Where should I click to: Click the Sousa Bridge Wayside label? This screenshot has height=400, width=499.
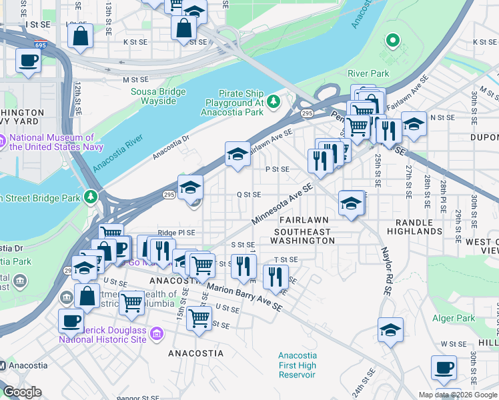(153, 96)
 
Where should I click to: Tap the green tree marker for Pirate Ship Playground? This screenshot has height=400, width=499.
(273, 101)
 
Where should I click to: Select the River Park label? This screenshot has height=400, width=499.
(368, 73)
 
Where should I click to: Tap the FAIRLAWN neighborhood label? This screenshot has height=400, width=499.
(304, 220)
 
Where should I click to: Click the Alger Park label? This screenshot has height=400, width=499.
(454, 319)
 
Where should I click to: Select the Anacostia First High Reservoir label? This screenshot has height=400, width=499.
(297, 365)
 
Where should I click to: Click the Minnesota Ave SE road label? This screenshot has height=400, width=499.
(282, 205)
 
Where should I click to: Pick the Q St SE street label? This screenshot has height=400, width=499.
(248, 195)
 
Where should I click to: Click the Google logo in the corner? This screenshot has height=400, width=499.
(22, 392)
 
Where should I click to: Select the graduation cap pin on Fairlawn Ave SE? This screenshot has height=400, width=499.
(237, 155)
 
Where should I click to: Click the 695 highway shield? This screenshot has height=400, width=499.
(40, 45)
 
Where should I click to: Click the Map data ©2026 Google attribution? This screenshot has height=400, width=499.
(457, 395)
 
